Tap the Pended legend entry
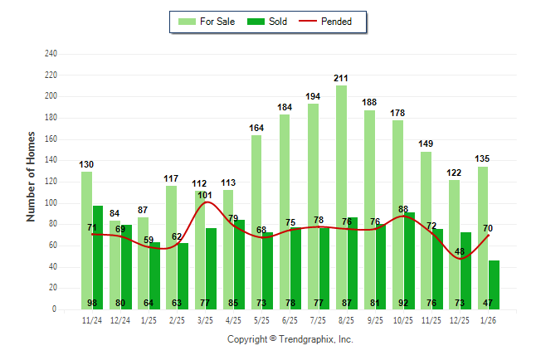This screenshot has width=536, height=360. pyautogui.click(x=333, y=22)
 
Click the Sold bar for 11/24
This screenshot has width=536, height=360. pyautogui.click(x=98, y=257)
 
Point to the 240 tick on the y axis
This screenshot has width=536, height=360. pyautogui.click(x=51, y=54)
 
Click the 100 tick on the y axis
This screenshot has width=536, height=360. pyautogui.click(x=51, y=203)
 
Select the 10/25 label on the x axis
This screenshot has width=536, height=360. pyautogui.click(x=403, y=319)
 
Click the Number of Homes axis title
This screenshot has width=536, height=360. pyautogui.click(x=32, y=176)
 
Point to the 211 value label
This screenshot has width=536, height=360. pyautogui.click(x=341, y=78)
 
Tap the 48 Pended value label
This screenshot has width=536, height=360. pyautogui.click(x=460, y=252)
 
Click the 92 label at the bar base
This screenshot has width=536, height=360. pyautogui.click(x=403, y=303)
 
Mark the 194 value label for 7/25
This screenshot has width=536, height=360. pyautogui.click(x=313, y=96)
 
